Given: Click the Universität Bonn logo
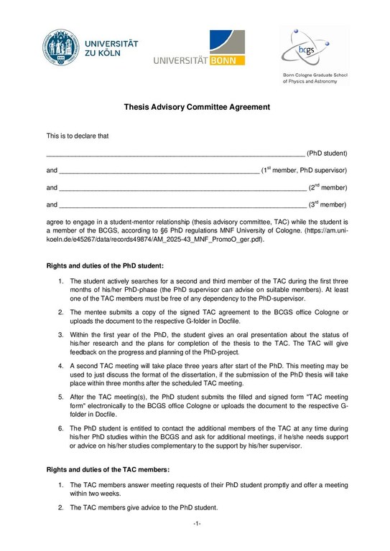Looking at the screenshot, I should [x=199, y=50].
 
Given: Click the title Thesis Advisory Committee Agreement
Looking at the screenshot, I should [x=195, y=108].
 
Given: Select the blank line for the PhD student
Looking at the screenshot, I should [x=175, y=154].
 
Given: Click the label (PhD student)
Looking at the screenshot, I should [x=327, y=153].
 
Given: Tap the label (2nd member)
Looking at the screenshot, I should [x=328, y=188].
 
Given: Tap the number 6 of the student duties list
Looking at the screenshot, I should [x=61, y=428].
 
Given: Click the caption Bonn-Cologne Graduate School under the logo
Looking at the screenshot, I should [x=315, y=76].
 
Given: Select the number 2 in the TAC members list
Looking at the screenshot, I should [x=61, y=508].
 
